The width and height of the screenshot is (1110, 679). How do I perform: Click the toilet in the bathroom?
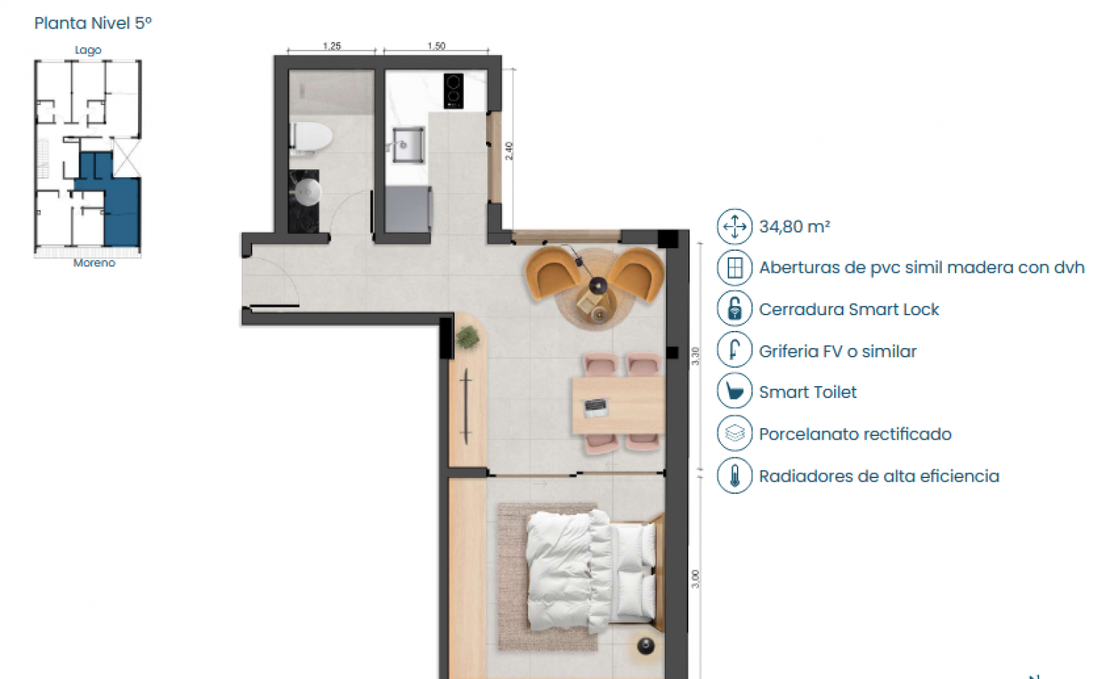point(312,137)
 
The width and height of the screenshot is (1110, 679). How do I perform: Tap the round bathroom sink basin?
point(308,192)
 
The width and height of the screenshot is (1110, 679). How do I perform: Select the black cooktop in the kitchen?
point(453,91)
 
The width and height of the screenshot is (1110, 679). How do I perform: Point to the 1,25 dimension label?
point(332,46)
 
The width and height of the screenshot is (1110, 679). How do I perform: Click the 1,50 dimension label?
point(436,46)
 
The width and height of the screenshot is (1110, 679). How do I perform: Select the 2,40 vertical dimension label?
point(509,151)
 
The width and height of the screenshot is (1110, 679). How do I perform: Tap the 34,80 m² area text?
point(794,227)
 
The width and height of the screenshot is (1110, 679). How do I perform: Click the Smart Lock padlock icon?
point(734,309)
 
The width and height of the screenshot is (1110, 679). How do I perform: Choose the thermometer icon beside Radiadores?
point(734,476)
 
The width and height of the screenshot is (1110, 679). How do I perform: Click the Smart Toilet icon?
point(734,392)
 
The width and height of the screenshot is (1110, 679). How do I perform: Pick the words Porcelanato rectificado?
point(855,434)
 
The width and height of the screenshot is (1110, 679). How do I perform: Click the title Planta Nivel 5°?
point(93,23)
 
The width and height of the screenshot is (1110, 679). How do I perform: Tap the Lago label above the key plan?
point(88,50)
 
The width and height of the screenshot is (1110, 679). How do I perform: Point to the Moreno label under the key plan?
point(94,263)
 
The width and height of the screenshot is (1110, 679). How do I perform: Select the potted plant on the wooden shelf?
point(467,337)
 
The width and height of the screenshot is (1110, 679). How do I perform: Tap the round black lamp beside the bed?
point(645,645)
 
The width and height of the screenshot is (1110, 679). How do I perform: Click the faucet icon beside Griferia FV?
point(734,350)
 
